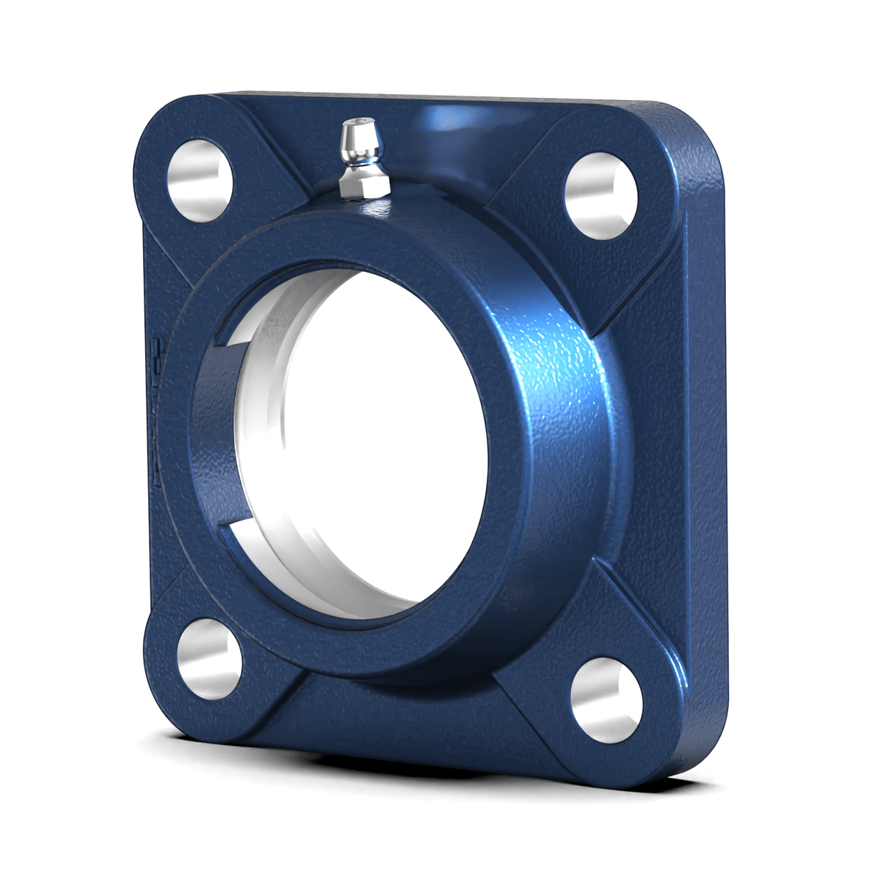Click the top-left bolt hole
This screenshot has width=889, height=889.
(199, 180)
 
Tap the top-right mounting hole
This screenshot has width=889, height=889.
(601, 196)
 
